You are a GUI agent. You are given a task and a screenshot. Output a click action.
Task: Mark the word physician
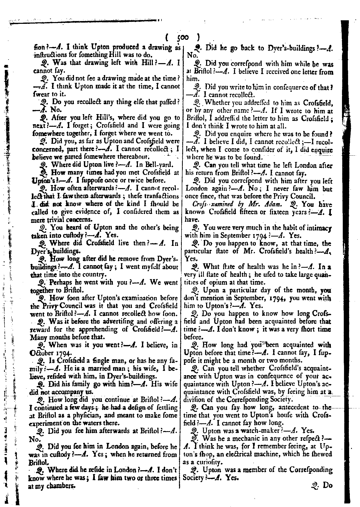93,415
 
